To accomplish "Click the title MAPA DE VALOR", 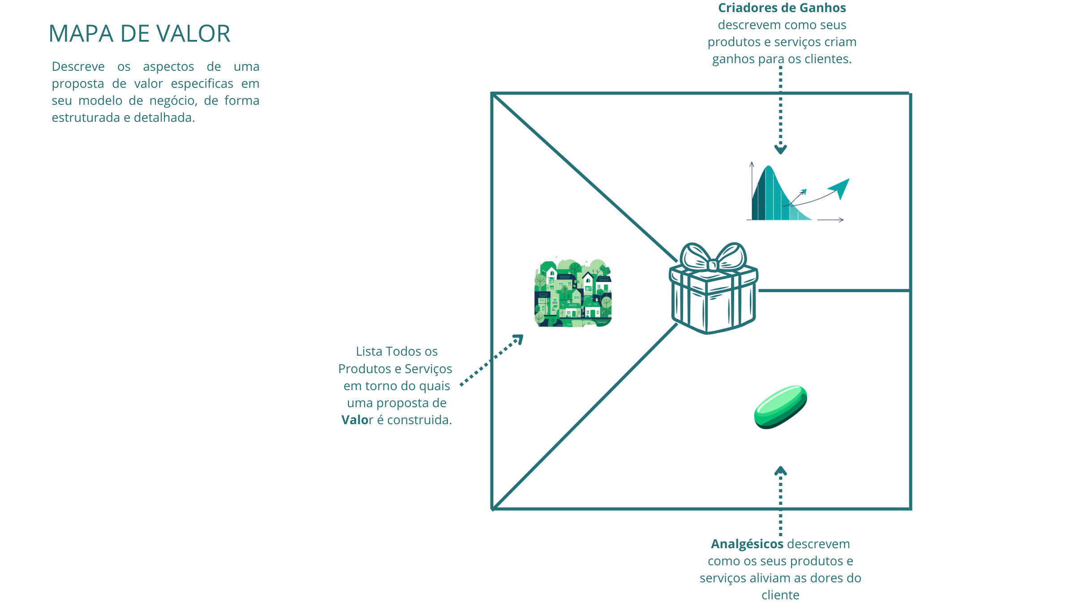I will (139, 34).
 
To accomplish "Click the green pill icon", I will (780, 407).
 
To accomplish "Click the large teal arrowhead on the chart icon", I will (840, 187).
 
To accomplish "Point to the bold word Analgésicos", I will (747, 544).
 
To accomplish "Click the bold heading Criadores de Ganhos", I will (782, 8).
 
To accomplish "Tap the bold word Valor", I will (357, 420).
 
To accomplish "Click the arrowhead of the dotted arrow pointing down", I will (780, 150).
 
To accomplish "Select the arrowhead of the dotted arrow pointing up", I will (780, 471).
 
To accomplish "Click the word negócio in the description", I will (173, 101).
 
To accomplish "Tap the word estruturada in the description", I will (86, 118).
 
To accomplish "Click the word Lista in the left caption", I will (369, 352).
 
